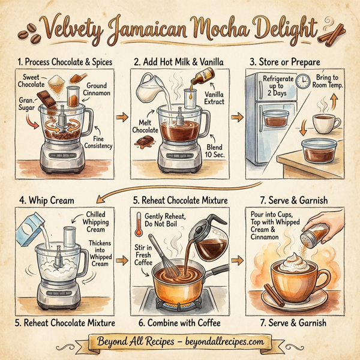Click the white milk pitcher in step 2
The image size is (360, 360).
click(x=148, y=90)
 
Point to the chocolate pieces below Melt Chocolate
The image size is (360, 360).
click(x=145, y=142)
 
